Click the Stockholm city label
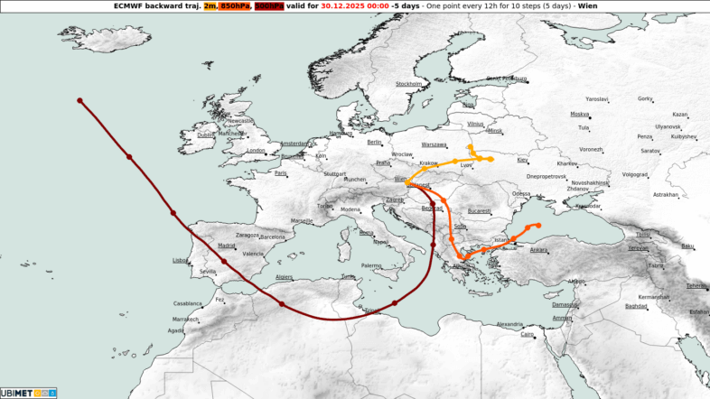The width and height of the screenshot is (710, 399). (409, 84)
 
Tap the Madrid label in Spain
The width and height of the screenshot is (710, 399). (227, 245)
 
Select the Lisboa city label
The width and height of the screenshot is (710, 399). (179, 260)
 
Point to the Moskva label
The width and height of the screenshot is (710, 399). (579, 115)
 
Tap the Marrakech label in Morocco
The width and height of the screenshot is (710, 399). (185, 319)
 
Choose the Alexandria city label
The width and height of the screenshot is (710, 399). (509, 323)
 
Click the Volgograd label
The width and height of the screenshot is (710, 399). (635, 174)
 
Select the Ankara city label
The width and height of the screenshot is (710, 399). (538, 249)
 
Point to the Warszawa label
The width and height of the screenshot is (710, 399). (434, 144)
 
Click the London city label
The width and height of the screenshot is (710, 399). (257, 150)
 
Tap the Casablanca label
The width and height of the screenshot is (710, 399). (188, 303)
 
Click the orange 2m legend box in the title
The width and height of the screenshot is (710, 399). (210, 5)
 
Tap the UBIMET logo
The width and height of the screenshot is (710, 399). (28, 393)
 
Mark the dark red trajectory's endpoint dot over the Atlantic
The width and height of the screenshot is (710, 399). (80, 100)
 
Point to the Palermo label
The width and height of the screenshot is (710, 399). (371, 265)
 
